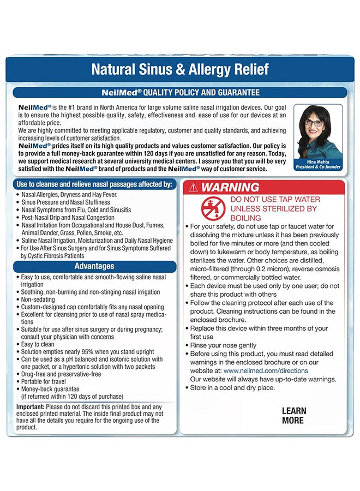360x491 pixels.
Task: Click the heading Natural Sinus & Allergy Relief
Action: (x=179, y=70)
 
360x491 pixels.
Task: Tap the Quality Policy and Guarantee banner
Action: (x=179, y=93)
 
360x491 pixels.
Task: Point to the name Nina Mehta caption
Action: (x=318, y=162)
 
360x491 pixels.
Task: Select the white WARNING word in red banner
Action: (x=230, y=187)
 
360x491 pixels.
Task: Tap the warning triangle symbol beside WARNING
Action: (x=193, y=188)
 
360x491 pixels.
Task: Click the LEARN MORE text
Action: (x=293, y=415)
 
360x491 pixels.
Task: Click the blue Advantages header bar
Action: (x=94, y=267)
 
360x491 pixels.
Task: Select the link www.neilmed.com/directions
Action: (x=266, y=370)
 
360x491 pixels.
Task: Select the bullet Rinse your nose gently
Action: (x=223, y=345)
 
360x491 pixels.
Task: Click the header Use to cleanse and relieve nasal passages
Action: (x=94, y=184)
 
